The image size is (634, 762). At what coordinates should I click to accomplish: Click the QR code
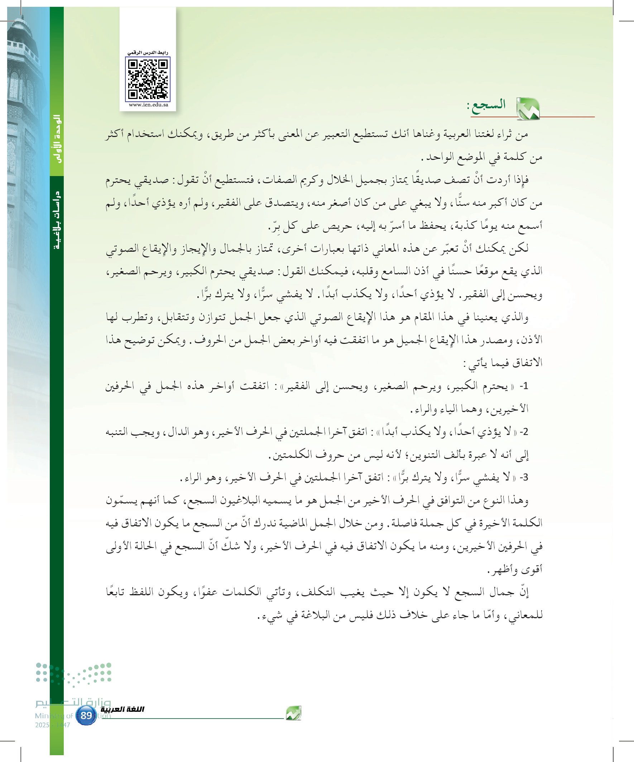pyautogui.click(x=148, y=79)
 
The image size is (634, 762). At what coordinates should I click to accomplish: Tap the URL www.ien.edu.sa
pyautogui.click(x=148, y=105)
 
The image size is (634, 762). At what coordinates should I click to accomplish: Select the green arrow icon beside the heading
pyautogui.click(x=528, y=109)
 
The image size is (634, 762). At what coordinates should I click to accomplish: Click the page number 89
pyautogui.click(x=86, y=715)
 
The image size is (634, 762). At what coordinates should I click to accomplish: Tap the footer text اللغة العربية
pyautogui.click(x=122, y=709)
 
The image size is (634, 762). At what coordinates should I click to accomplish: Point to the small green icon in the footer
pyautogui.click(x=293, y=713)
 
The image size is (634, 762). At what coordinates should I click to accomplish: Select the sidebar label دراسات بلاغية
pyautogui.click(x=57, y=220)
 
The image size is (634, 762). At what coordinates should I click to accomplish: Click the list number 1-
pyautogui.click(x=524, y=386)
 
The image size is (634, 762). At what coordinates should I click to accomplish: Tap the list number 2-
pyautogui.click(x=524, y=432)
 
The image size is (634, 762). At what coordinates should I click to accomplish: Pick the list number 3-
pyautogui.click(x=524, y=478)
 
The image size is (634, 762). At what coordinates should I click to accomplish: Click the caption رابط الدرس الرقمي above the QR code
pyautogui.click(x=148, y=53)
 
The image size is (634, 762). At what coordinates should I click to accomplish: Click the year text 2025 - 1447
pyautogui.click(x=53, y=725)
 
